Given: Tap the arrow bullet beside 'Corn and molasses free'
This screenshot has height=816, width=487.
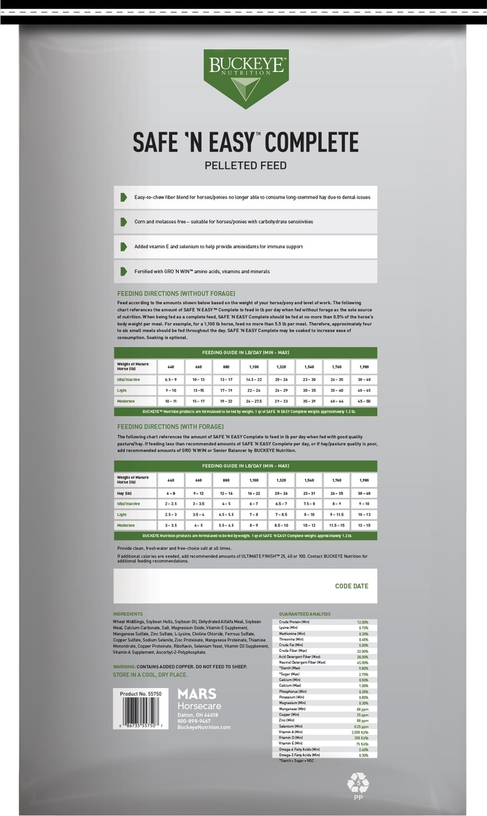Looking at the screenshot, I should (123, 222).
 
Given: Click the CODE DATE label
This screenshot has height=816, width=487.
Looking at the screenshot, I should (352, 585).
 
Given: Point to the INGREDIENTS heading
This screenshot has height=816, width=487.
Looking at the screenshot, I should (129, 614).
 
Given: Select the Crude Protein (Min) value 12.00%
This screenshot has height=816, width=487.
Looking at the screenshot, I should (363, 622).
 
